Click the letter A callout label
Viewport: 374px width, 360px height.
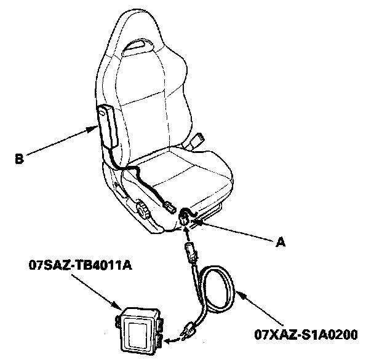click(280, 242)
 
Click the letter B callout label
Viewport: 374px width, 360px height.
click(19, 162)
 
